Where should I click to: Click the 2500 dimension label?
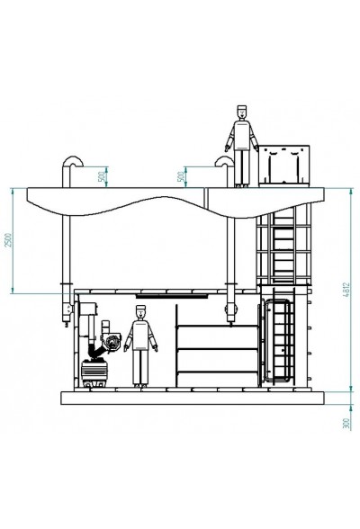[x=8, y=240]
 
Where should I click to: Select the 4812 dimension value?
[x=346, y=290]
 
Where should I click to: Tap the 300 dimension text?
[x=346, y=424]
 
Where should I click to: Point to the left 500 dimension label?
[x=102, y=176]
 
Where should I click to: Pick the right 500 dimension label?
[x=182, y=176]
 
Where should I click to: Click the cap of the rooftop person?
[x=241, y=108]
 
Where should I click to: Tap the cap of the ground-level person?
[x=141, y=308]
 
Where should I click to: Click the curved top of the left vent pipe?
[x=73, y=161]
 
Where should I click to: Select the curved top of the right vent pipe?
[x=224, y=161]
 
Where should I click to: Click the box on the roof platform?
[x=283, y=166]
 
